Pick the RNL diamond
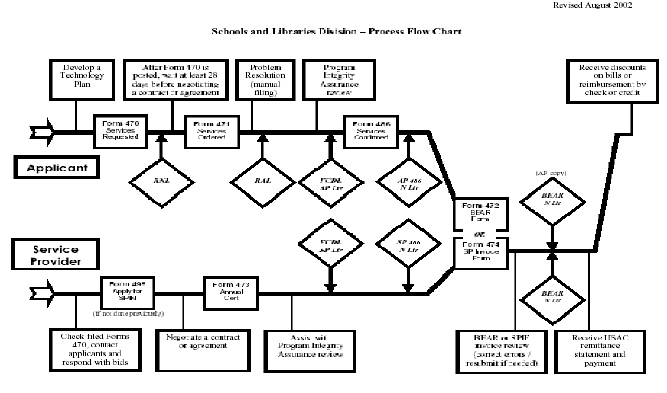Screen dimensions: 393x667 point(161,181)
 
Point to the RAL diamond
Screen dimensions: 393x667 point(263,181)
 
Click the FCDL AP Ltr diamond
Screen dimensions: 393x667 point(330,181)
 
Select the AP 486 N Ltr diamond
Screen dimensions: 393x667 point(409,181)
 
